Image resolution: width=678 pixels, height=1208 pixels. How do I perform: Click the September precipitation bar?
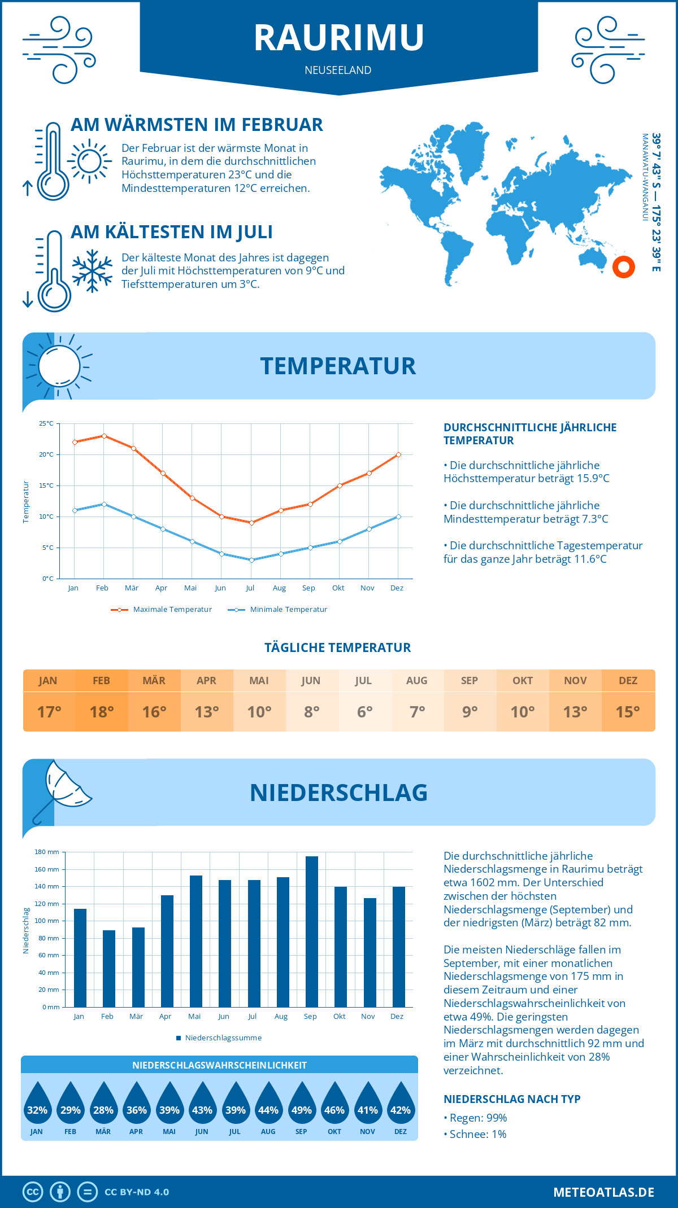coord(312,931)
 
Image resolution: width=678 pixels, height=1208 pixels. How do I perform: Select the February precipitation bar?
coord(109,969)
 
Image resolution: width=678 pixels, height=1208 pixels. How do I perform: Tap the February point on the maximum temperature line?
coord(104,436)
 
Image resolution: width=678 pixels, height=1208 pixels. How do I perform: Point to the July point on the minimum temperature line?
coord(251,560)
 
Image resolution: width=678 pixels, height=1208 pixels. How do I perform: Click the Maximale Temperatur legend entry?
coord(162,610)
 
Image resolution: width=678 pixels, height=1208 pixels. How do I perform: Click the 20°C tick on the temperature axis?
coord(47,454)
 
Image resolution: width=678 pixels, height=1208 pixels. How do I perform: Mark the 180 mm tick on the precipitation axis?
coord(47,852)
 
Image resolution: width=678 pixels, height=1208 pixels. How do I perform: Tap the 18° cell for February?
coord(102,712)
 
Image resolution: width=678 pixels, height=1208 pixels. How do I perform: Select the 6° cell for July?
coord(364,712)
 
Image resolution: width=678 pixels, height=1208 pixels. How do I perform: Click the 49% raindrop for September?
coord(301,1104)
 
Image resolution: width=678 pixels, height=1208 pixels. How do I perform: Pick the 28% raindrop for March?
coord(103,1104)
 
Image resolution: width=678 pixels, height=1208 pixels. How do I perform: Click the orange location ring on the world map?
coord(624,267)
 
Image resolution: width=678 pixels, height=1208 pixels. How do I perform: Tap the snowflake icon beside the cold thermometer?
coord(92,271)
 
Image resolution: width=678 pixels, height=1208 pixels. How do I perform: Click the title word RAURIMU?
coord(338,38)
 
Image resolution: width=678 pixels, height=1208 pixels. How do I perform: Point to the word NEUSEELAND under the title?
coord(338,70)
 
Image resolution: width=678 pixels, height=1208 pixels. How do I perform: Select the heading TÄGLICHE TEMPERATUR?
coord(337,647)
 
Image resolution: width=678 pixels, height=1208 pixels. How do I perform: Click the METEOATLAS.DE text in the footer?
coord(603,1192)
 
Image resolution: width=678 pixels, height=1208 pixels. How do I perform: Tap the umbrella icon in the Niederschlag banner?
coord(62,790)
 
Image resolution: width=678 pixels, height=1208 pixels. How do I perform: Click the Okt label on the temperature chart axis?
coord(338,588)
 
